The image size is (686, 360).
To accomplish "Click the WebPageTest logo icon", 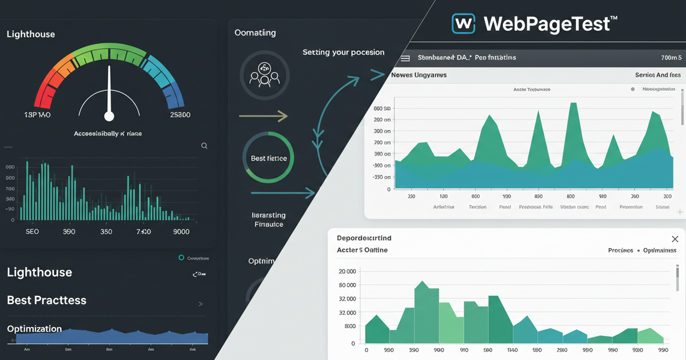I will point(463,23).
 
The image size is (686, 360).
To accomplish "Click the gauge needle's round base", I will point(109,116).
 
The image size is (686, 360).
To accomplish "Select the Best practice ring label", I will point(269,158).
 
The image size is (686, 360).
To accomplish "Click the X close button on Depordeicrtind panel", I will point(675,239).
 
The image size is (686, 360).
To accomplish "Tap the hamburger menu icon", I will point(405,58).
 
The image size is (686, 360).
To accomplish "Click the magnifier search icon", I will point(204,146).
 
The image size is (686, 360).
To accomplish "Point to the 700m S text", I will point(671,58).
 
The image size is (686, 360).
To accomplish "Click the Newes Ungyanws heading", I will point(418,75).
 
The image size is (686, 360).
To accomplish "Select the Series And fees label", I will point(658,75).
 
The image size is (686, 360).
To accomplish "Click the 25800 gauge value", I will point(180,115).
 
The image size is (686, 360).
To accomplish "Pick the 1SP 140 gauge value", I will point(37,115).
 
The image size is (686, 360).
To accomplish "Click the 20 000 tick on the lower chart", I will point(347,271).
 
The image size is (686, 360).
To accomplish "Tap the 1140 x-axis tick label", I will point(512,350).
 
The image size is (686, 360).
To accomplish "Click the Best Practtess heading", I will point(46,300).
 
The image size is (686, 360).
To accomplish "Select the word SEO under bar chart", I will point(32,233).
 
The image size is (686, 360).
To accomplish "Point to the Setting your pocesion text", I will point(343,52).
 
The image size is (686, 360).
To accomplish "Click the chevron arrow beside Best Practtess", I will point(201,304).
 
